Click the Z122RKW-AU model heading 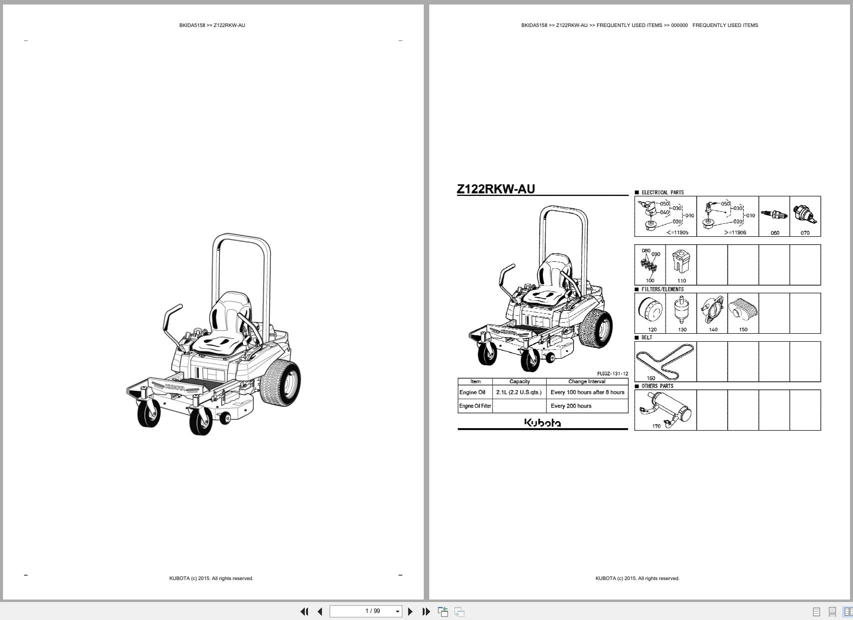[x=496, y=189]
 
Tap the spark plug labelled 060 [x=774, y=215]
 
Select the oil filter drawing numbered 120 [x=650, y=310]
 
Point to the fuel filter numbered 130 [x=680, y=309]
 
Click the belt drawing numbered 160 [x=665, y=361]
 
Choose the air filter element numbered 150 [x=743, y=309]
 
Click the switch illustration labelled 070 [x=805, y=214]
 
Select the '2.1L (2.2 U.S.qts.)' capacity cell [x=519, y=392]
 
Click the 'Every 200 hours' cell [x=571, y=406]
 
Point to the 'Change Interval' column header [x=587, y=381]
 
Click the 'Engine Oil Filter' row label [x=475, y=406]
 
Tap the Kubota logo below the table [x=542, y=423]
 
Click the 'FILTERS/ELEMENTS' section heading [x=662, y=289]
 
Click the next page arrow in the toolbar [x=410, y=612]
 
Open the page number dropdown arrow [x=398, y=612]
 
